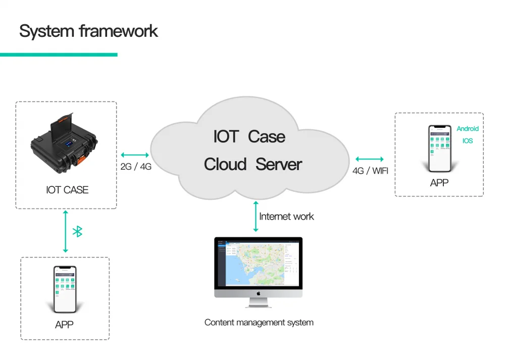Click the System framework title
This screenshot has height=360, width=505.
(88, 31)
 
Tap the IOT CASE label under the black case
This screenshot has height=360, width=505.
(67, 190)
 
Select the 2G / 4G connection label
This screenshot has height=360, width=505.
(136, 167)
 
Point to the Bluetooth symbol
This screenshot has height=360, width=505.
(78, 232)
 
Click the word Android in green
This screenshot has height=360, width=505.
(468, 129)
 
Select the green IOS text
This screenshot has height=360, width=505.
(468, 141)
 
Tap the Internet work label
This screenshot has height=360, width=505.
(286, 217)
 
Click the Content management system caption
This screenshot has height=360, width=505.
(259, 322)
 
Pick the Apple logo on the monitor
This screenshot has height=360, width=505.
(258, 293)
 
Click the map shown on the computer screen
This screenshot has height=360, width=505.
(255, 263)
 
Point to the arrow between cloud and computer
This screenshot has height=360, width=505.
(256, 216)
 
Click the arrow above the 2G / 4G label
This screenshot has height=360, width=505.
(134, 155)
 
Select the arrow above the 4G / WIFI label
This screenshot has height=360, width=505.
(370, 159)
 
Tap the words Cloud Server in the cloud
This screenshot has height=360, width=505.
(253, 164)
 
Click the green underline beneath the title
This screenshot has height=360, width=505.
(59, 55)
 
